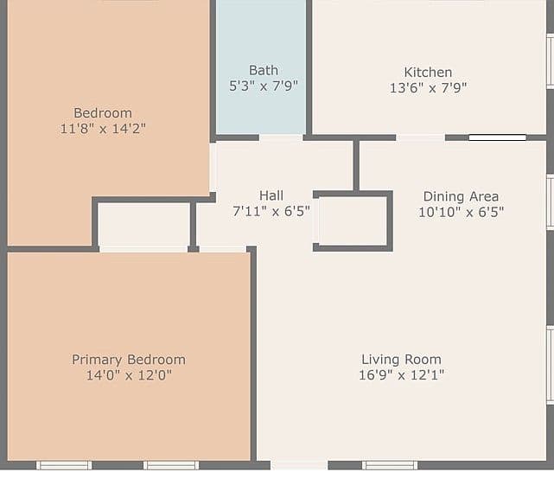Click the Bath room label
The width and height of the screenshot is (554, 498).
click(264, 70)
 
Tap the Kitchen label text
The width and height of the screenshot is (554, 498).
click(428, 72)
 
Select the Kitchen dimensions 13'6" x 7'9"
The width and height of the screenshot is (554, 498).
click(428, 87)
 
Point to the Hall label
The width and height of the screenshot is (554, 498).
click(271, 195)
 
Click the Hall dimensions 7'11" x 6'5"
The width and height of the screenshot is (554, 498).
click(271, 211)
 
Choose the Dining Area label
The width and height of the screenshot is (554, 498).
click(461, 196)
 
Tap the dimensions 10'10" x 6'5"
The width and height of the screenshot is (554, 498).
click(461, 212)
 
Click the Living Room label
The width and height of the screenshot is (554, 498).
click(401, 359)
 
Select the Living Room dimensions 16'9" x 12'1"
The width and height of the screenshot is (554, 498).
click(401, 374)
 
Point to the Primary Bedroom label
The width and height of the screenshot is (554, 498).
click(129, 360)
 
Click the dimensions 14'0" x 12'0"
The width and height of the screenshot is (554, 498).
click(129, 375)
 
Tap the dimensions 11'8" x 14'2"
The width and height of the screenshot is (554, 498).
click(103, 129)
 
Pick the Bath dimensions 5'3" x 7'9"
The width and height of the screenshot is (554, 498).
click(264, 86)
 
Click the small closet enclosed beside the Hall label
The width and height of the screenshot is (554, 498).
click(353, 220)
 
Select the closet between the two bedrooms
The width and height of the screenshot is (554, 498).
click(143, 225)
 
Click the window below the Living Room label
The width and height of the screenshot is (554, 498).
click(390, 465)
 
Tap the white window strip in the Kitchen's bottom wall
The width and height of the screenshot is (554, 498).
click(498, 137)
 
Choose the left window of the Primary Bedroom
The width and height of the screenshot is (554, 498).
click(64, 465)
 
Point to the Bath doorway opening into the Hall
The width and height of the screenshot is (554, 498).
click(281, 137)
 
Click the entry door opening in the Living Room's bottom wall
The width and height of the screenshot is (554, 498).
click(299, 465)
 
